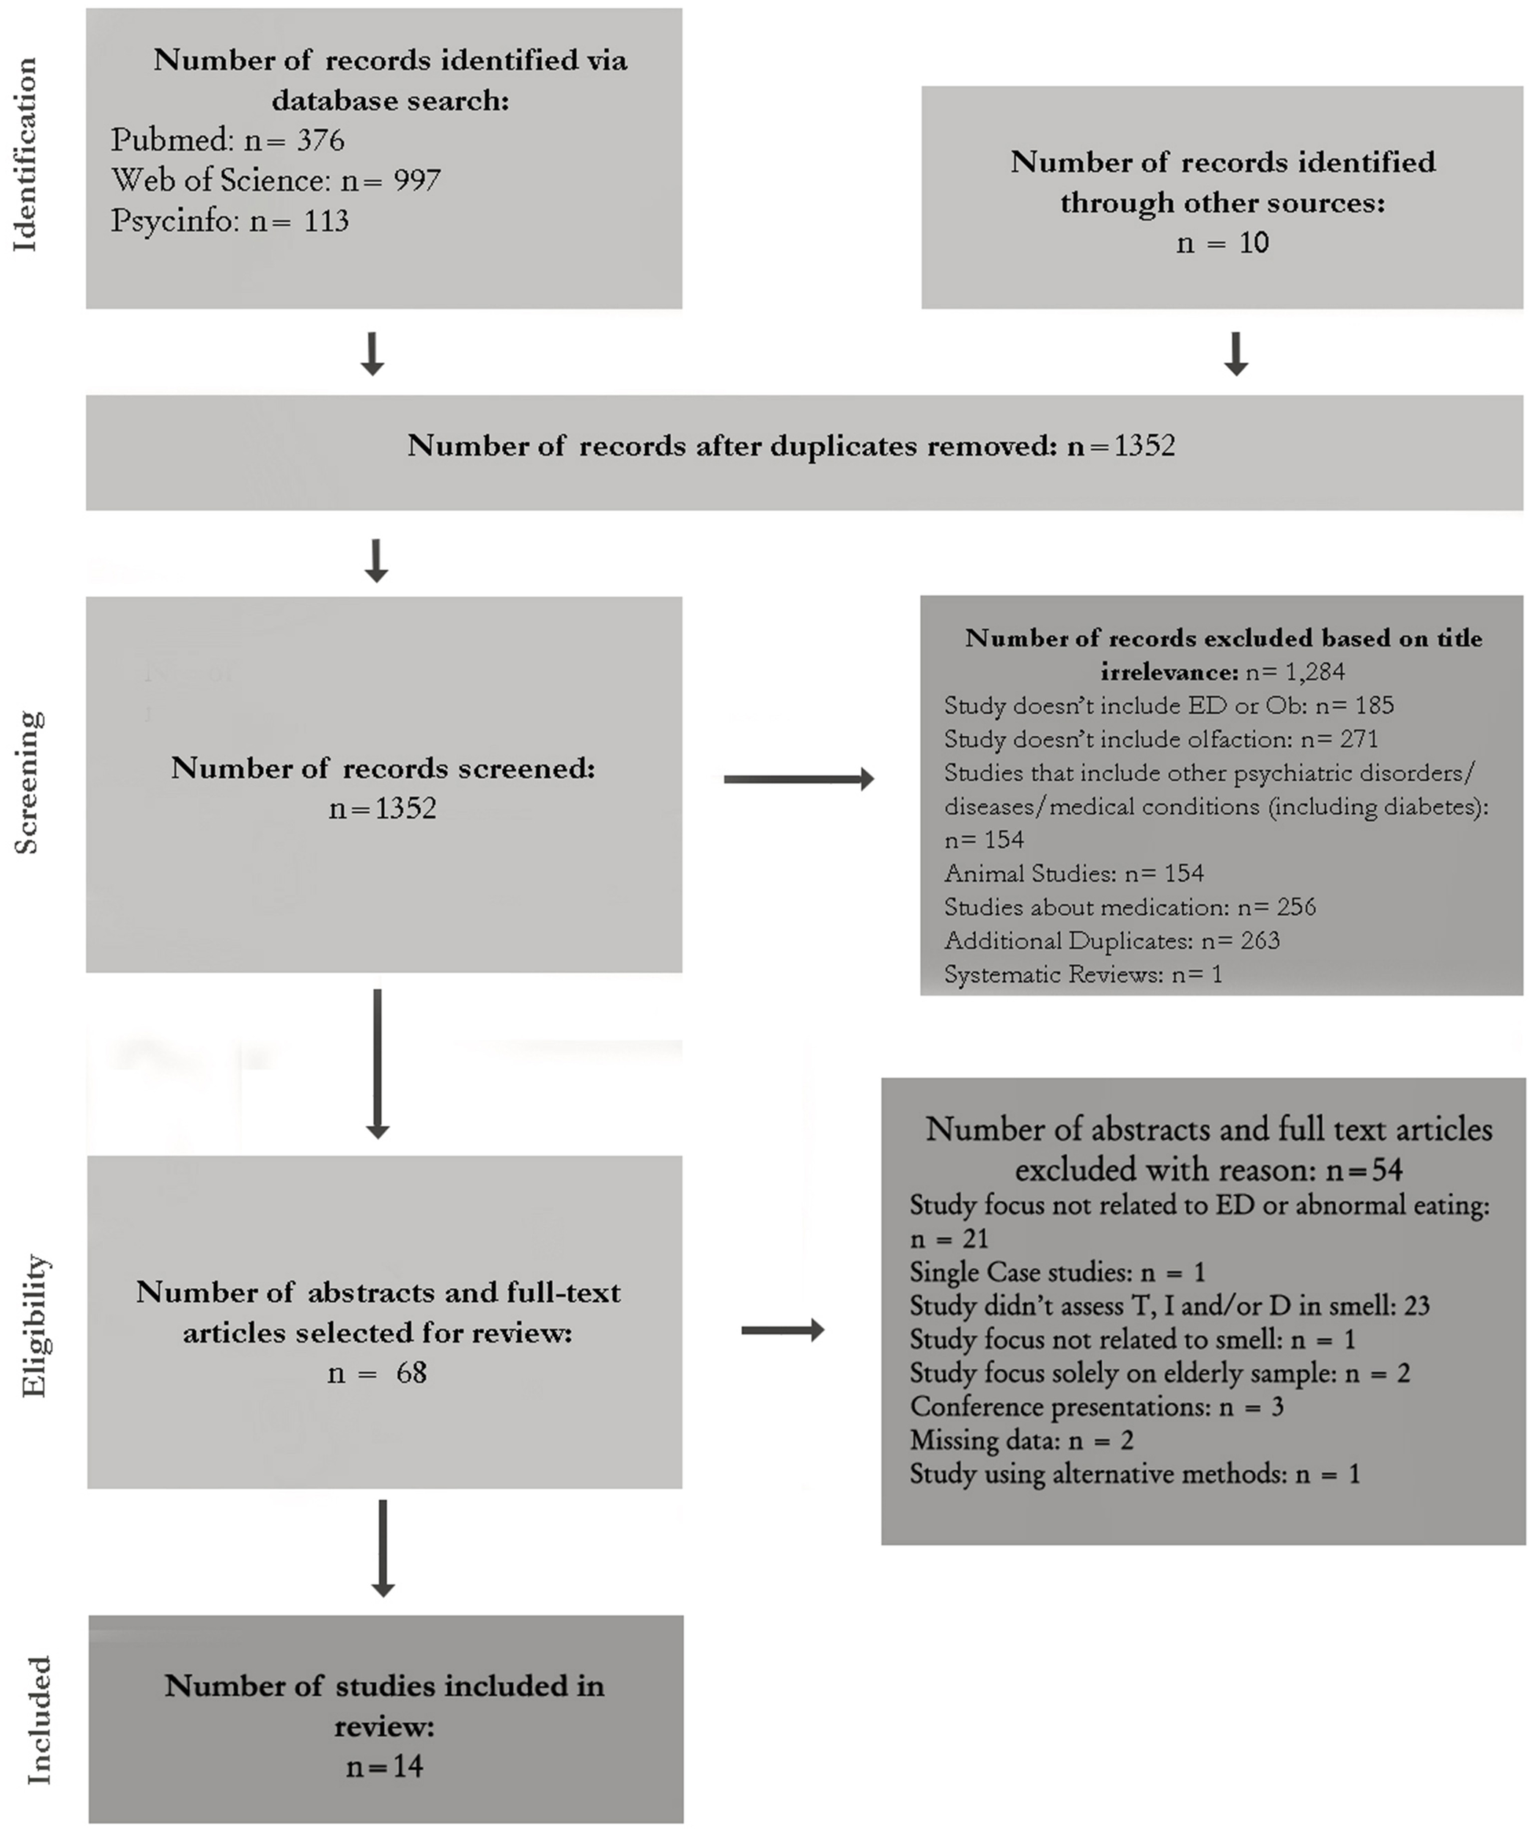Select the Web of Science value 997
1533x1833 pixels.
[416, 180]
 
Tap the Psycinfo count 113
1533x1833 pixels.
[326, 221]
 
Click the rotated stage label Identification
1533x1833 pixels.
[26, 155]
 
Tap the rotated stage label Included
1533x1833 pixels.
[38, 1720]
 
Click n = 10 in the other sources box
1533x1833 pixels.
[1221, 243]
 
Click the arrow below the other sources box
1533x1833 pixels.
[1235, 353]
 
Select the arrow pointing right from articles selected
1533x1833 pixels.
[782, 1330]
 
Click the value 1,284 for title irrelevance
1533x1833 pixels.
[1314, 671]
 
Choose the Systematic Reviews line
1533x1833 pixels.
[1083, 974]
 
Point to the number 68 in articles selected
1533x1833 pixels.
[411, 1373]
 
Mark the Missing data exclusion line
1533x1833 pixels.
[1021, 1440]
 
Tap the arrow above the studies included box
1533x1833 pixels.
[383, 1548]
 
